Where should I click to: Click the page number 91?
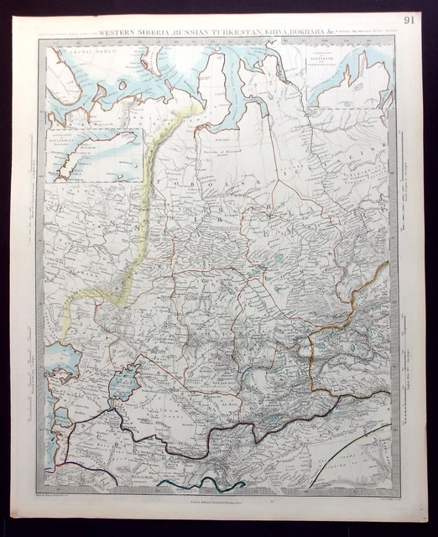tap(409, 19)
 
